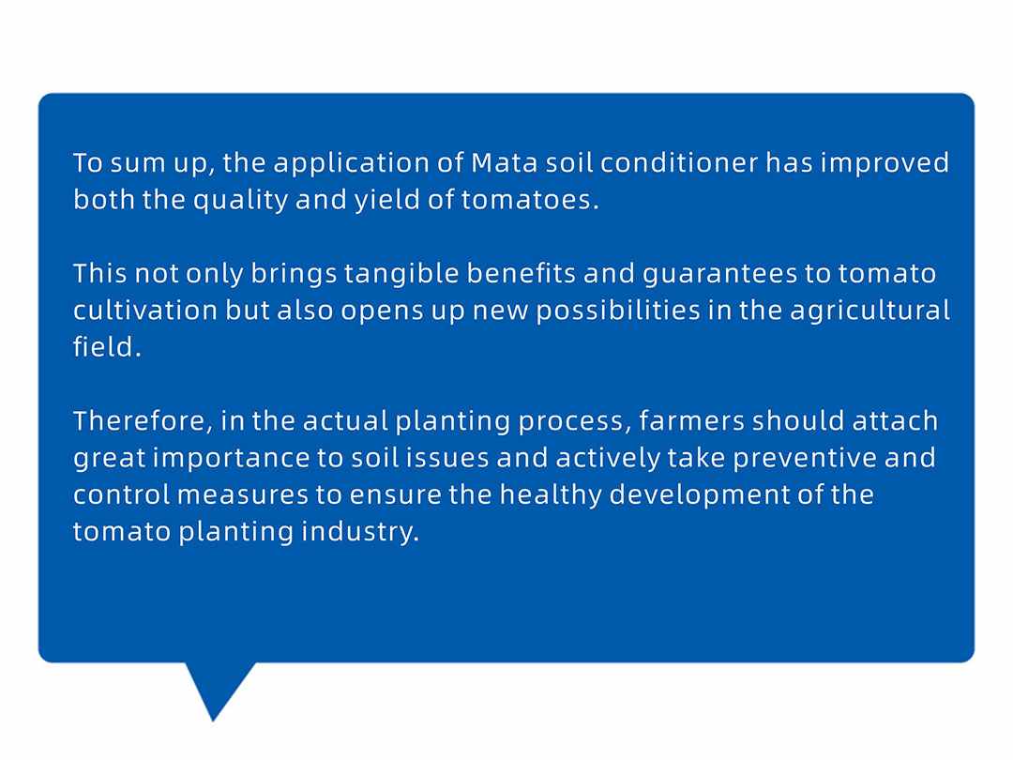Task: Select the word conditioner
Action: [679, 162]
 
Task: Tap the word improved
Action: [884, 163]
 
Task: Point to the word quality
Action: [240, 201]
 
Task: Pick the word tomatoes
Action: [530, 200]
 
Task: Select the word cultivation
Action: [145, 311]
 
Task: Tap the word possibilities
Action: [618, 312]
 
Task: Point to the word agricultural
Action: [869, 312]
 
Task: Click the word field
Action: [107, 346]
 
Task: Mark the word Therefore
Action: [143, 421]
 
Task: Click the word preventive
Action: [805, 459]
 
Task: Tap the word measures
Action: [243, 495]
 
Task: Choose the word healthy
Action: [552, 495]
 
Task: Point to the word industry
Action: [360, 533]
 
